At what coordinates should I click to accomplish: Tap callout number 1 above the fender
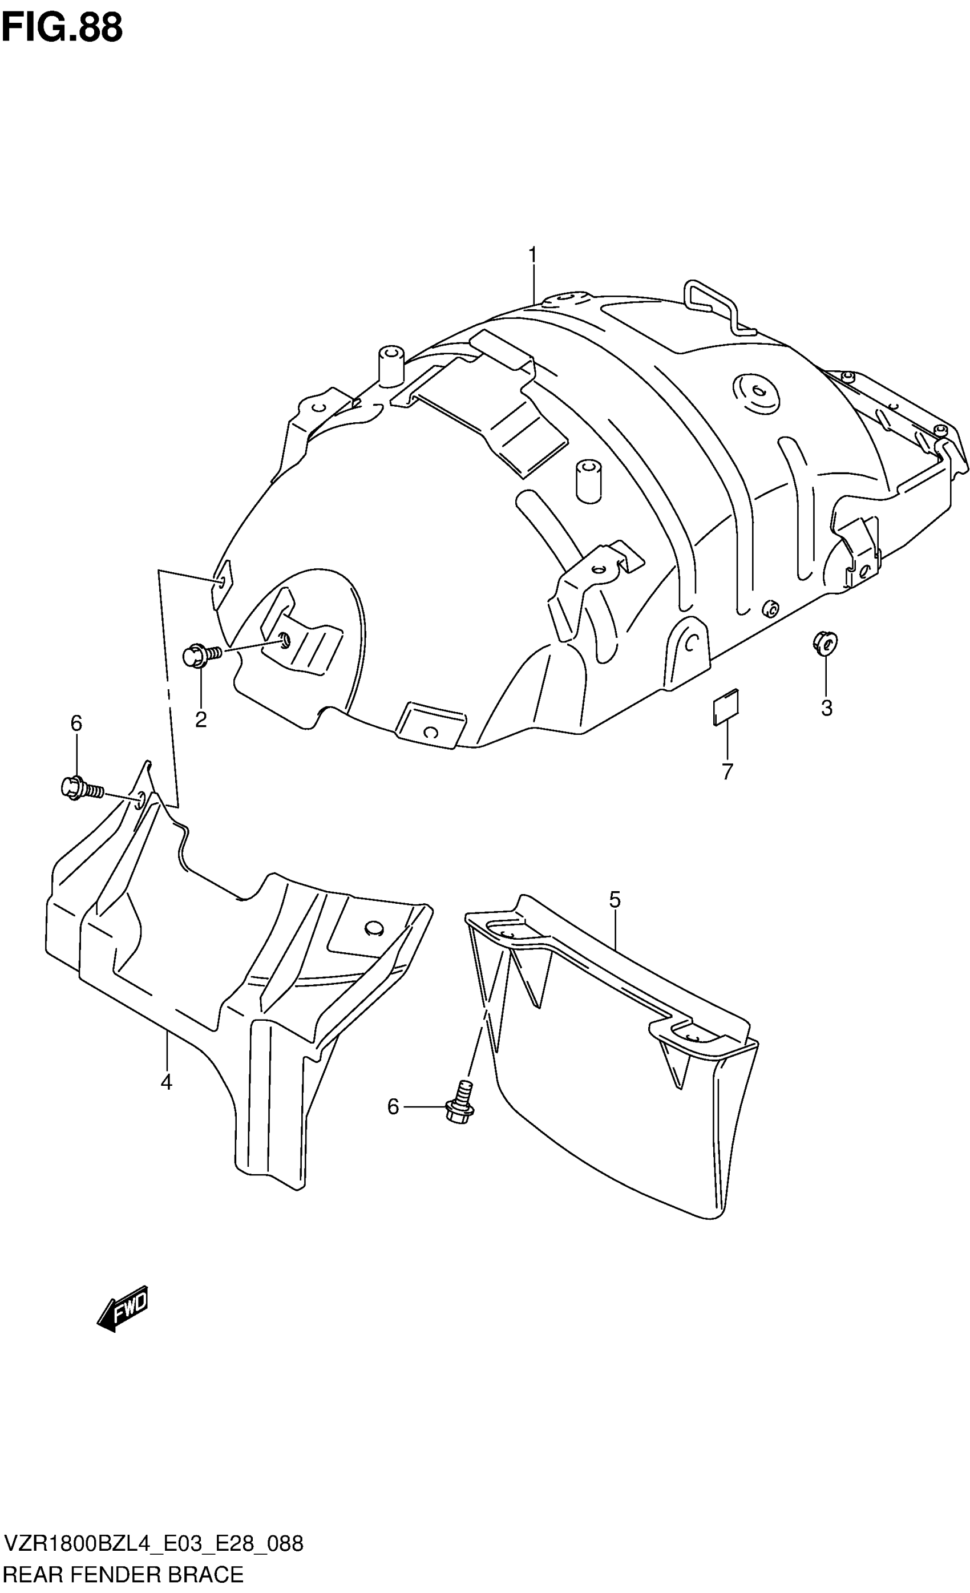tap(532, 256)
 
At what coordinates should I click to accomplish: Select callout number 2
tap(200, 719)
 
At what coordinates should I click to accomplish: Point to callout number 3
tap(826, 709)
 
